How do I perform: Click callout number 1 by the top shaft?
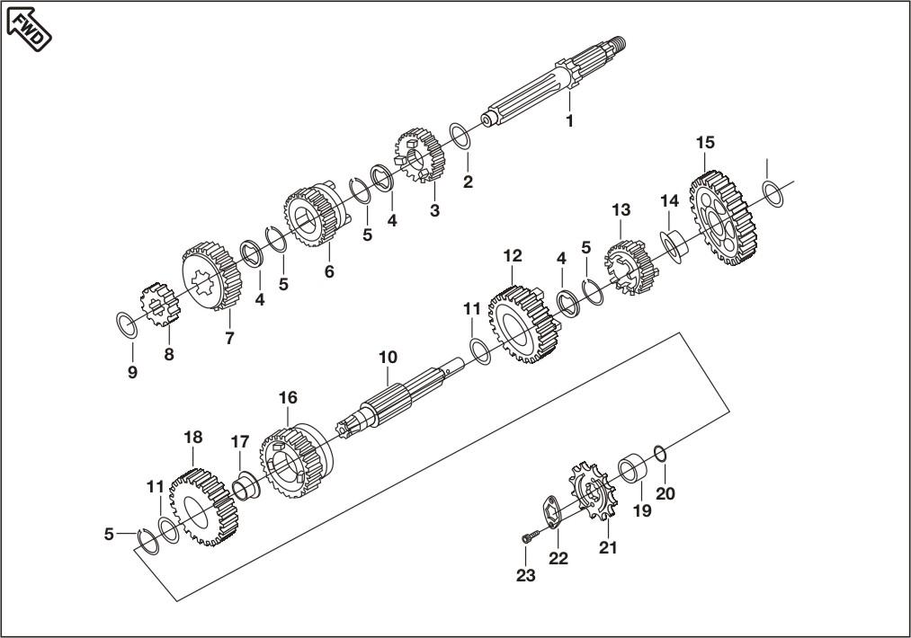568,120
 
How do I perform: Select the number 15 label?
705,143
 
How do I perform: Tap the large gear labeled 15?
723,219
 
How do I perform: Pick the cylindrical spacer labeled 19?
635,471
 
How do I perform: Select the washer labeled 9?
127,323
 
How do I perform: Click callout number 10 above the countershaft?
387,357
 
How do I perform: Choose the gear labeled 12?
519,323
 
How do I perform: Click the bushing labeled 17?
245,487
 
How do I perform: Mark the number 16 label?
287,396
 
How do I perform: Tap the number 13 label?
621,209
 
